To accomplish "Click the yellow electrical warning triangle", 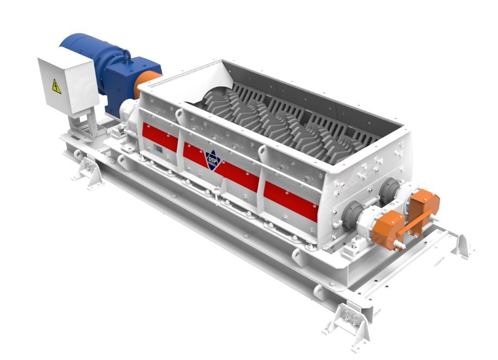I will point(56,86).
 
